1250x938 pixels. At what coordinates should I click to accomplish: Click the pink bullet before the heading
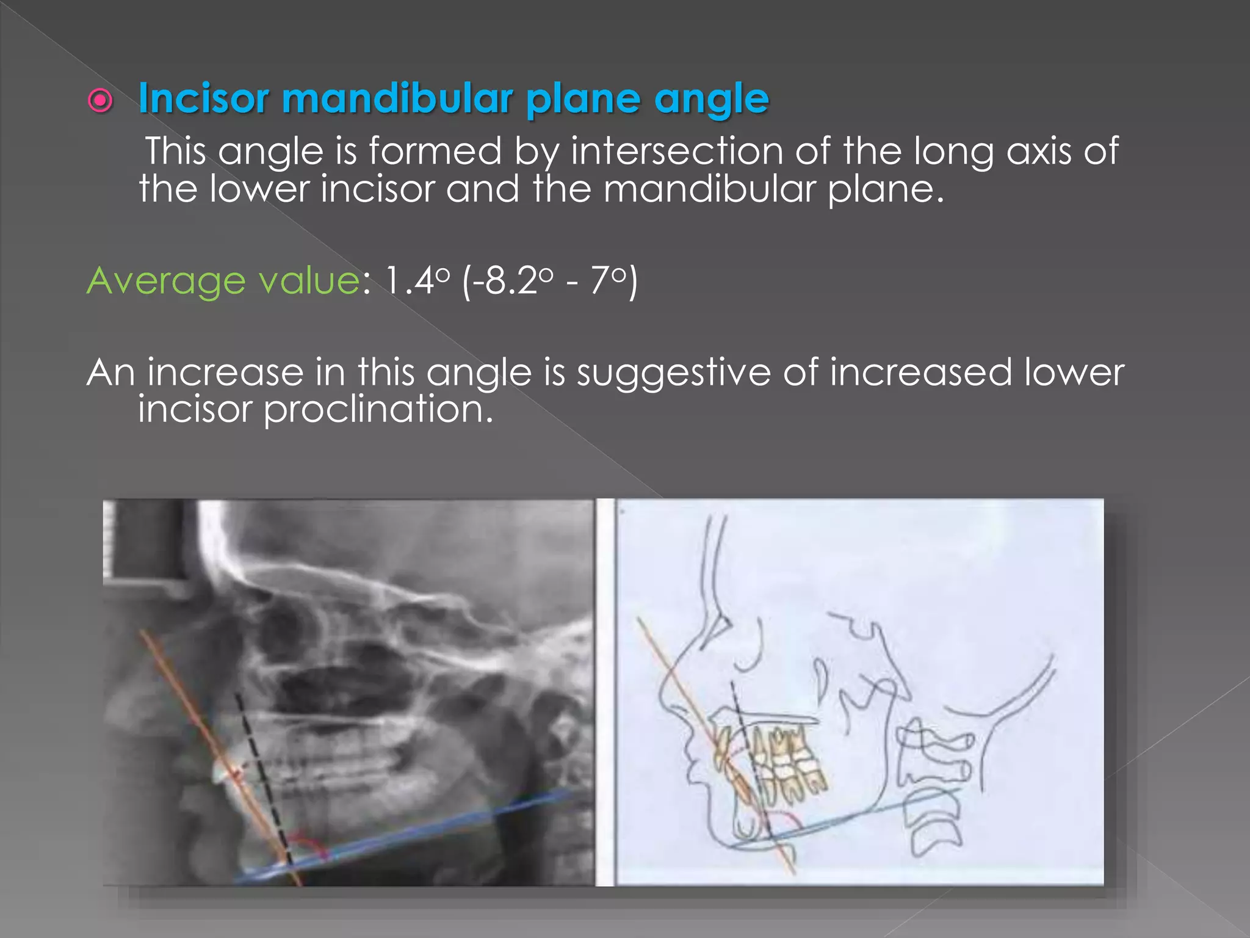pyautogui.click(x=100, y=100)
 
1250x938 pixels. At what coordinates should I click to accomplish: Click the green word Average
pyautogui.click(x=165, y=281)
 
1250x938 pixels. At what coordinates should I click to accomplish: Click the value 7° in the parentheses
pyautogui.click(x=608, y=281)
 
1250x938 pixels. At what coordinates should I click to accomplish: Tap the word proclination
pyautogui.click(x=378, y=409)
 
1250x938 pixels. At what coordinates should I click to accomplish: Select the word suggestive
pyautogui.click(x=674, y=373)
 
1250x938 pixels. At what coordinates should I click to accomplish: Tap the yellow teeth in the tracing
pyautogui.click(x=787, y=763)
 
